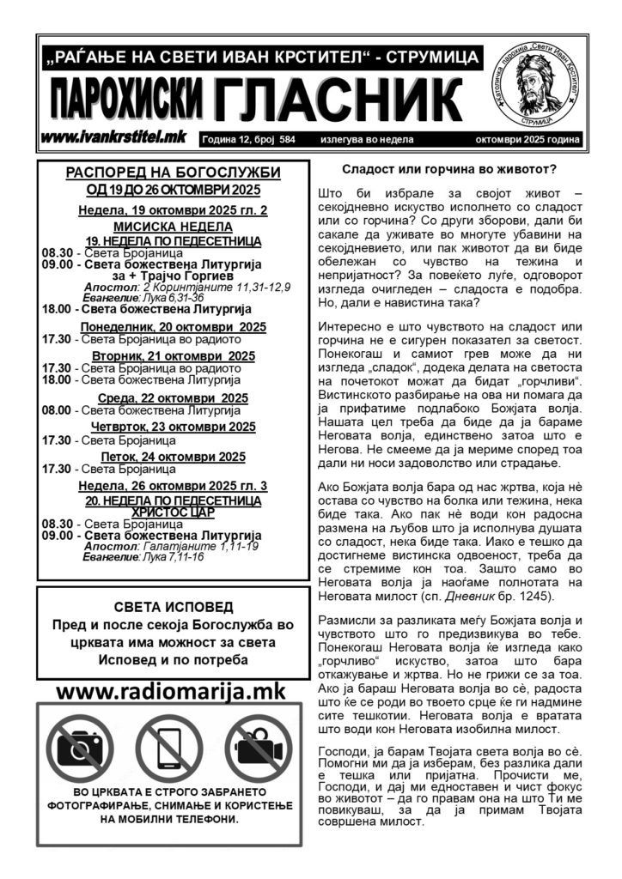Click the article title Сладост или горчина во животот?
pos(449,170)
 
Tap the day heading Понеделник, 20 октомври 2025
pos(173,327)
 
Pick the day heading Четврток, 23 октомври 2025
pos(173,427)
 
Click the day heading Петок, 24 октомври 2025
pos(173,456)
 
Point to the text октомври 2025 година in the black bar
pos(527,139)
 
